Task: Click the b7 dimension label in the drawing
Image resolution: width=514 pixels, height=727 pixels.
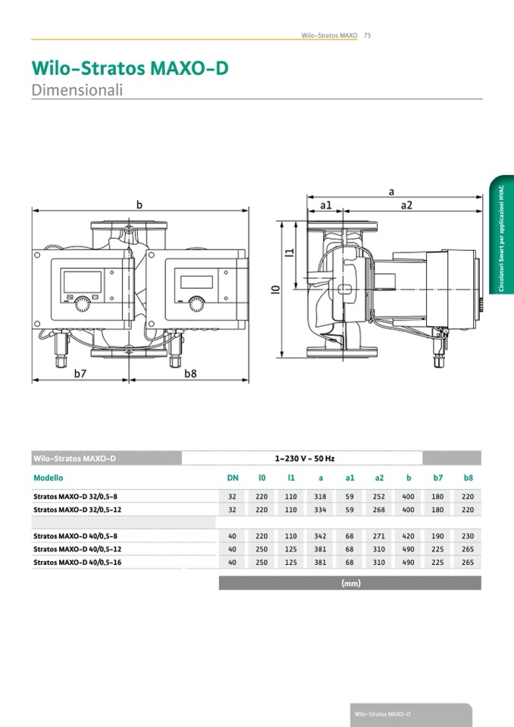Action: point(80,373)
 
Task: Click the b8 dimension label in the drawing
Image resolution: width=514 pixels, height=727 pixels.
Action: point(190,373)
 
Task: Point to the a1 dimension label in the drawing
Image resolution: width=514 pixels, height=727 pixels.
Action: point(326,205)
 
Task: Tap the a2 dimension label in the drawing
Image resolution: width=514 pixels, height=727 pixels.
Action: point(406,205)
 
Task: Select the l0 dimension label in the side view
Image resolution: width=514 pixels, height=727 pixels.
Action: point(275,290)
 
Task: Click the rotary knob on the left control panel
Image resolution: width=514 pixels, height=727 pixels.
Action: point(83,305)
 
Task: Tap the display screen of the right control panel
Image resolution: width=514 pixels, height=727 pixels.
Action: point(196,282)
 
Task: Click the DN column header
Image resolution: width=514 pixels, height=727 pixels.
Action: point(233,478)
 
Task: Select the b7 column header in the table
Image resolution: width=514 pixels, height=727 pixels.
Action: point(438,478)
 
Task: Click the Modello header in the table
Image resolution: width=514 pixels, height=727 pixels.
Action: point(49,478)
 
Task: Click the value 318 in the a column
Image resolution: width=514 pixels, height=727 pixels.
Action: point(320,497)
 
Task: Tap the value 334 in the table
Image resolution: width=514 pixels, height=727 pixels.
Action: point(320,509)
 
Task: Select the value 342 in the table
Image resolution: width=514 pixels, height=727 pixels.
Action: point(320,536)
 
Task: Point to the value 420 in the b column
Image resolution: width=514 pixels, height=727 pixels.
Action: point(409,536)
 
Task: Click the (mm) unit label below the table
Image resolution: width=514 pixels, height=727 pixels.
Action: point(351,583)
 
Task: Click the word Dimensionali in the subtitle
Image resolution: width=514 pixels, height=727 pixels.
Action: point(77,89)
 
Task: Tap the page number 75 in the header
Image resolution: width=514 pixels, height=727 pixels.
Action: point(368,35)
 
